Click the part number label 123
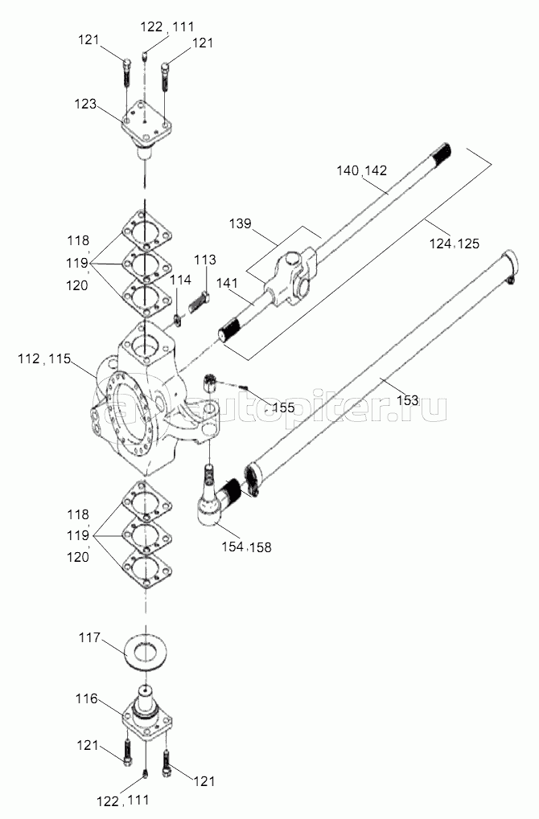(84, 104)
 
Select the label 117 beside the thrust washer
(89, 637)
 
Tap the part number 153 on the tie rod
(407, 400)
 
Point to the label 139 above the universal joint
(240, 223)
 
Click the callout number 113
(205, 260)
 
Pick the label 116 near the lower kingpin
(86, 698)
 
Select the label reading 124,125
(455, 243)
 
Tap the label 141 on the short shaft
(226, 283)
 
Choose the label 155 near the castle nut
(283, 407)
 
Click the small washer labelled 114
(178, 320)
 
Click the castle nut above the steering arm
(210, 383)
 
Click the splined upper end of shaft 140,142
(441, 152)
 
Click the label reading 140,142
(362, 170)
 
